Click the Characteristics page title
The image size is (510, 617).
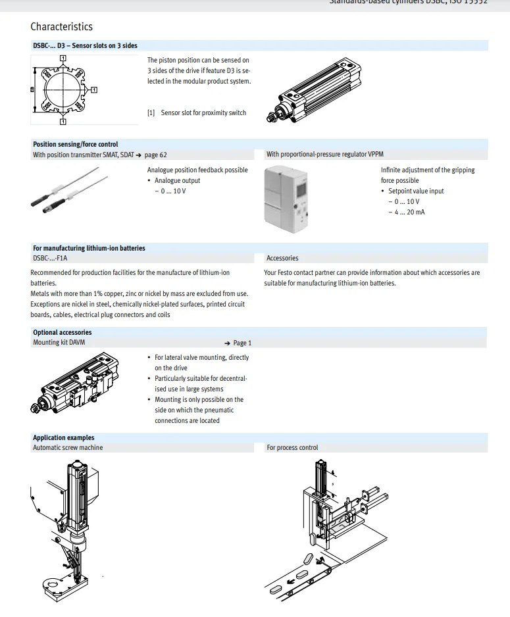click(x=61, y=27)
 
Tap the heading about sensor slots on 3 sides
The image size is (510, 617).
click(x=85, y=45)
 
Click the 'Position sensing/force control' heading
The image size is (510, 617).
click(x=76, y=144)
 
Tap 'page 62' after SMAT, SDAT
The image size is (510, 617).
click(x=155, y=155)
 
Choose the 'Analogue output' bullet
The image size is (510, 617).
click(x=177, y=181)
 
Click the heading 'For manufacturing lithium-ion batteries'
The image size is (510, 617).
click(x=89, y=248)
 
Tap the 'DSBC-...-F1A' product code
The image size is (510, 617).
click(x=50, y=259)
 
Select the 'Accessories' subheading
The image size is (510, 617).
click(x=282, y=259)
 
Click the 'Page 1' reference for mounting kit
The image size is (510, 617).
click(x=242, y=343)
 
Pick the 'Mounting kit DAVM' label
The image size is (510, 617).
click(x=59, y=343)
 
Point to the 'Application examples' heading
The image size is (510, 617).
click(x=63, y=437)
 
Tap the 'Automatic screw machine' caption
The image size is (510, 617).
click(x=68, y=448)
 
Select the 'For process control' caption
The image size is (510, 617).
click(x=292, y=448)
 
